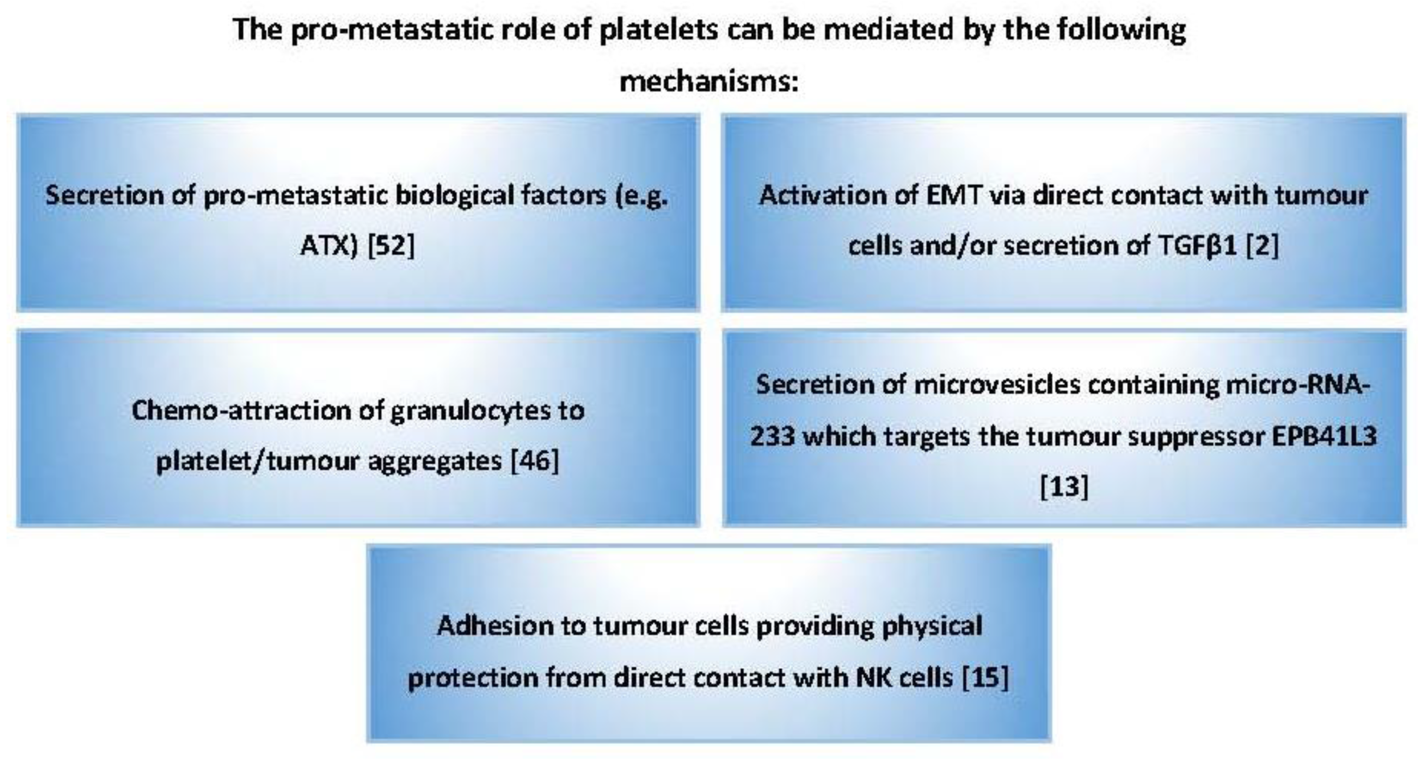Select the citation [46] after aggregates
click(535, 460)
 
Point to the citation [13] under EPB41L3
click(1064, 486)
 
